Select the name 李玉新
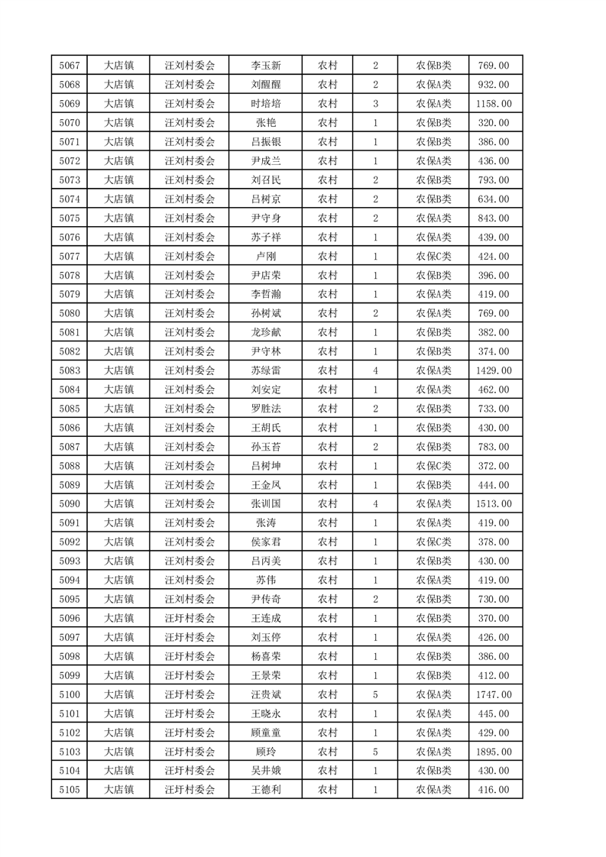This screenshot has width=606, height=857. tap(265, 66)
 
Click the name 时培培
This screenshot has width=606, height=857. tap(265, 104)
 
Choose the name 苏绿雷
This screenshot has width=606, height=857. tap(265, 370)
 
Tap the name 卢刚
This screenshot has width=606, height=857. tap(265, 256)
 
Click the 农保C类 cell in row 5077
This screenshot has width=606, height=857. tap(433, 256)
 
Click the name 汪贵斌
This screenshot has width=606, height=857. tap(265, 694)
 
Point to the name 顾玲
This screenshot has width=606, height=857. tap(265, 752)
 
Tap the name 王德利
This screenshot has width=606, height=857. tap(265, 790)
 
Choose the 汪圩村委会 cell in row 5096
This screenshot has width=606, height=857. tap(190, 618)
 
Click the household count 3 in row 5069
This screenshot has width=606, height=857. tap(375, 104)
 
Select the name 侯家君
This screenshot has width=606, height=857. tap(265, 542)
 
